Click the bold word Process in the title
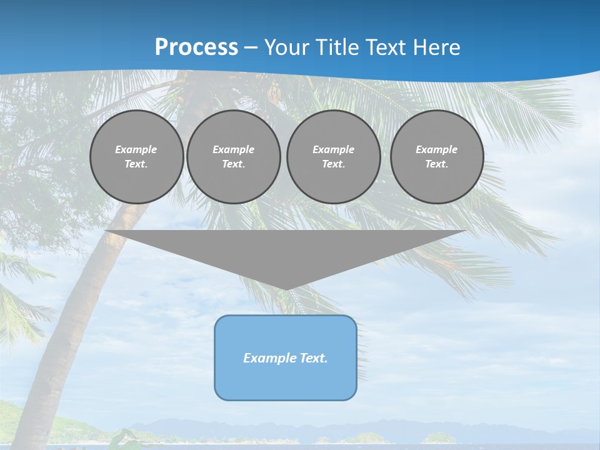click(196, 47)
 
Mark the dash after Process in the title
click(250, 48)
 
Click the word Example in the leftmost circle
click(136, 149)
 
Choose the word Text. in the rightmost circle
click(437, 164)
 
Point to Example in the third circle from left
click(333, 149)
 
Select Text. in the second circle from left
click(233, 164)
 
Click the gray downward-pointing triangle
click(286, 250)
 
